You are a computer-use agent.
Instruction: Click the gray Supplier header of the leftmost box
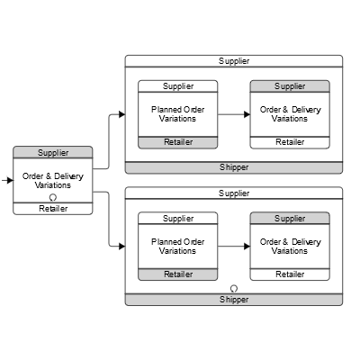click(x=53, y=152)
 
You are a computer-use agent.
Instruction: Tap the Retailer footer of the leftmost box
click(x=53, y=209)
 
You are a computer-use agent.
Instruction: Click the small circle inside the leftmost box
click(x=53, y=197)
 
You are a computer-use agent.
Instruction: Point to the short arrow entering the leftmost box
click(x=8, y=180)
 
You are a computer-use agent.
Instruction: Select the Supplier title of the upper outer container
click(x=234, y=60)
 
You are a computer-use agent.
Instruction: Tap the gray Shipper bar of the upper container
click(x=234, y=167)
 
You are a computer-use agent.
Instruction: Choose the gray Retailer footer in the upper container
click(x=177, y=142)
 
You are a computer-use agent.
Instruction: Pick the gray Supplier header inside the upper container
click(x=289, y=86)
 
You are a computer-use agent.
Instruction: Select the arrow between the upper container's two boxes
click(x=233, y=114)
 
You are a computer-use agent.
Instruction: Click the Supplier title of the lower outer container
click(x=234, y=193)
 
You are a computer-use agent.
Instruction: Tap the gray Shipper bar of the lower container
click(x=234, y=300)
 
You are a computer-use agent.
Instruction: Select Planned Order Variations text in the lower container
click(x=177, y=246)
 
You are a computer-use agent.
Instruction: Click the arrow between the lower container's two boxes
click(x=233, y=246)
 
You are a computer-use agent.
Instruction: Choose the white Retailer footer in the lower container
click(x=289, y=274)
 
